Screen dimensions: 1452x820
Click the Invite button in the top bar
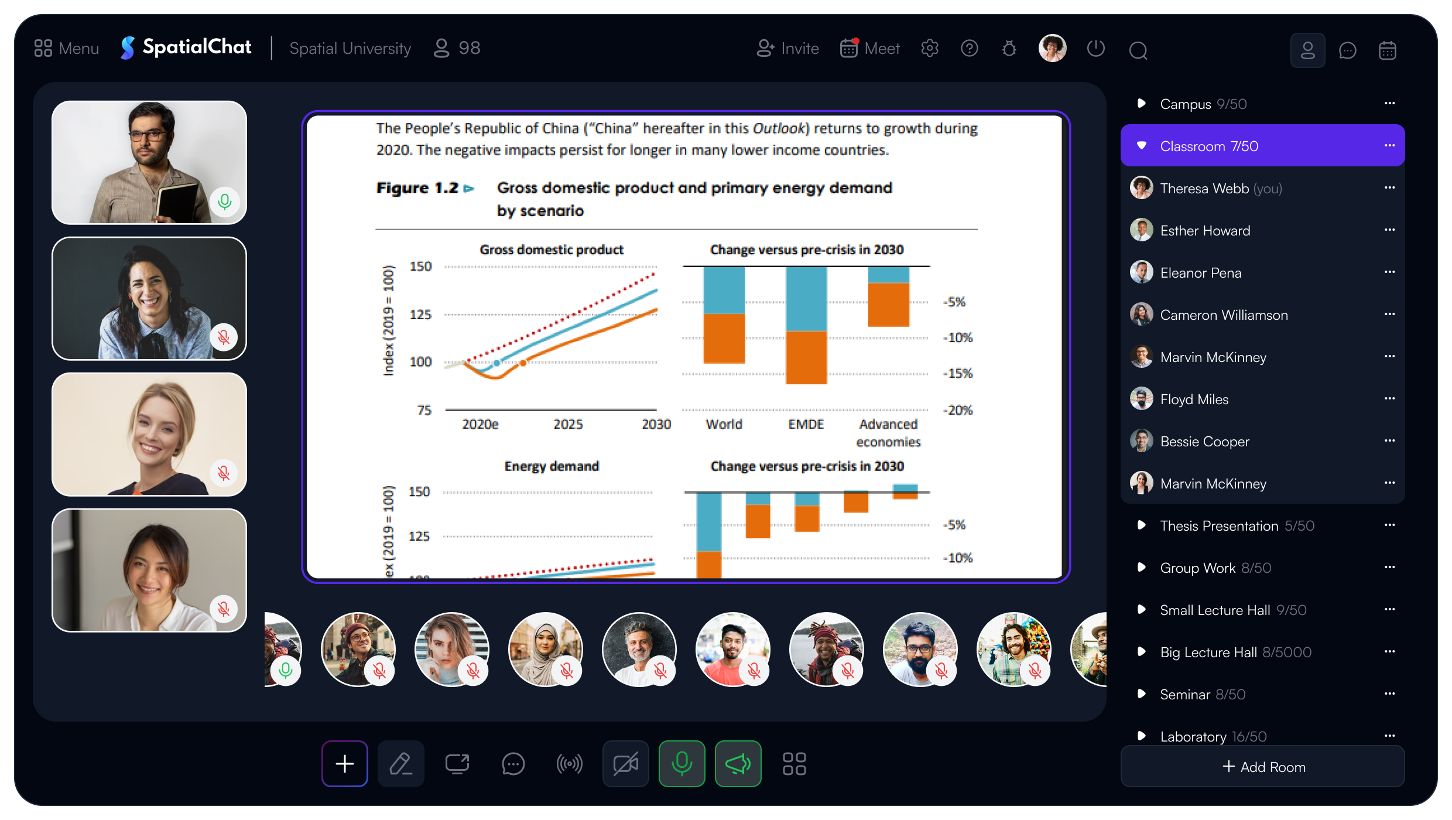pyautogui.click(x=787, y=48)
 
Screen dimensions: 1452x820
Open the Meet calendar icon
pyautogui.click(x=850, y=48)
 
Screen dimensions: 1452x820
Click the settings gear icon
pyautogui.click(x=930, y=48)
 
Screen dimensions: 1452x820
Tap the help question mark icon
pyautogui.click(x=970, y=48)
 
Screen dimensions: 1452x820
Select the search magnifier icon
pyautogui.click(x=1138, y=50)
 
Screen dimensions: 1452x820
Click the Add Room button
pyautogui.click(x=1263, y=767)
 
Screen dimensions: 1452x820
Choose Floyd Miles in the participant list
pyautogui.click(x=1194, y=399)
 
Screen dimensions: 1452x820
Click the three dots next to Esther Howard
pyautogui.click(x=1389, y=230)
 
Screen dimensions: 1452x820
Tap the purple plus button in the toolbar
pyautogui.click(x=345, y=764)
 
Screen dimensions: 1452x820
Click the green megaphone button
pyautogui.click(x=738, y=764)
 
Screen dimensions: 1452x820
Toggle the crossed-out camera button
pyautogui.click(x=626, y=764)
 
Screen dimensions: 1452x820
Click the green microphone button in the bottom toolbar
pyautogui.click(x=682, y=764)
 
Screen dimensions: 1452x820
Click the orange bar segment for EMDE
pyautogui.click(x=806, y=358)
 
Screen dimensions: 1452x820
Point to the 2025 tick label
pyautogui.click(x=568, y=424)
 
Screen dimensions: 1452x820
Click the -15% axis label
pyautogui.click(x=958, y=373)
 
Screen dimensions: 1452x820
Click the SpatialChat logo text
pyautogui.click(x=197, y=47)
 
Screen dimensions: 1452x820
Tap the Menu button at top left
pyautogui.click(x=67, y=48)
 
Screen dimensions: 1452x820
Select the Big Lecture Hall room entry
pyautogui.click(x=1235, y=652)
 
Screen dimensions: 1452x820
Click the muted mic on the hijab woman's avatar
pyautogui.click(x=567, y=671)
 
